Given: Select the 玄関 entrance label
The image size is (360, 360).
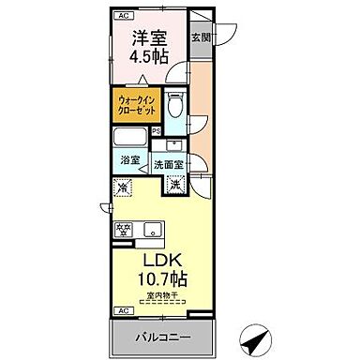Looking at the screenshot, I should point(201,38).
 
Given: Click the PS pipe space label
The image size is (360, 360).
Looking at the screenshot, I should point(157,130).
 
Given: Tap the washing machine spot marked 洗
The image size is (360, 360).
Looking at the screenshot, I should point(175,184).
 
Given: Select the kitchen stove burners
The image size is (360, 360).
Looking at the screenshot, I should point(125,228).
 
